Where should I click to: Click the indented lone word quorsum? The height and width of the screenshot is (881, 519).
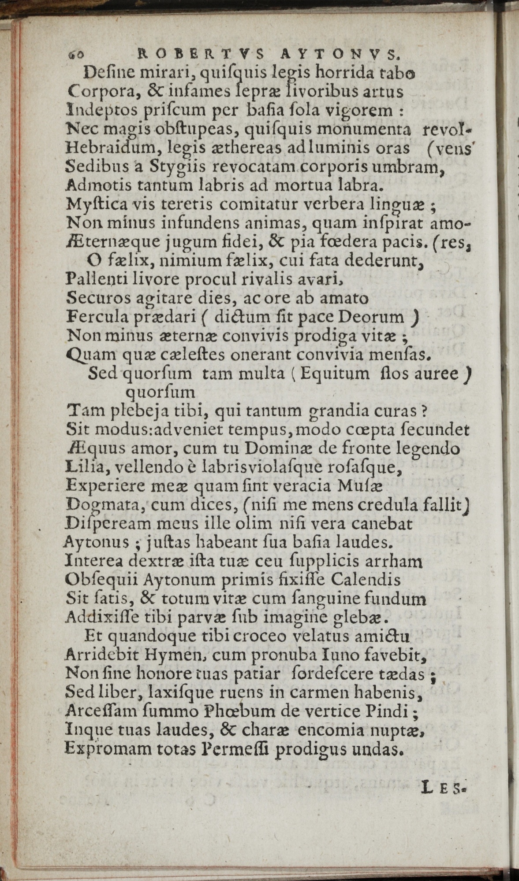[x=160, y=392]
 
